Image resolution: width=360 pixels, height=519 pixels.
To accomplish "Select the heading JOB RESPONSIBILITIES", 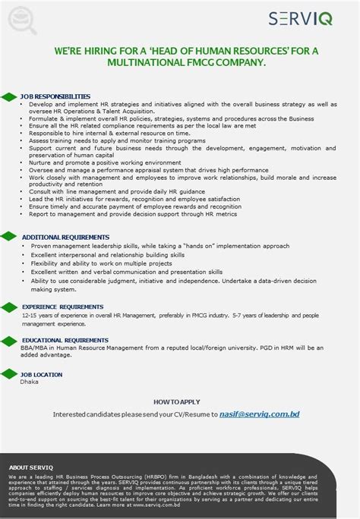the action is tap(55, 96).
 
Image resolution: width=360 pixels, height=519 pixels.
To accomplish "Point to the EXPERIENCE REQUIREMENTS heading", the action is tap(62, 306).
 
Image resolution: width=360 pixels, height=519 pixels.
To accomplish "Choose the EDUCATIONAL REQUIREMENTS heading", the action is tap(65, 340).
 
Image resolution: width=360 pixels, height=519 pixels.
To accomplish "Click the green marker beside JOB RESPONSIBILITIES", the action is tap(8, 96).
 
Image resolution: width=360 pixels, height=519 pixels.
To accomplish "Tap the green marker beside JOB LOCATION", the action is tap(8, 374).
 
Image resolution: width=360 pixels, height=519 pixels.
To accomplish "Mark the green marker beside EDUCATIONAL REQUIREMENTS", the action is tap(8, 340).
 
